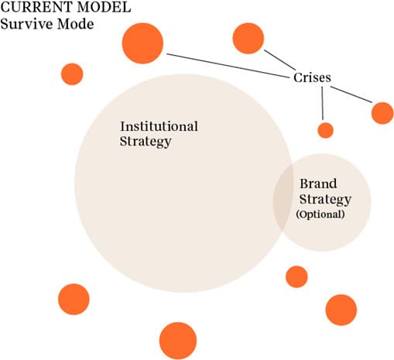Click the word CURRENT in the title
point(36,7)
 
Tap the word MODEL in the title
point(104,7)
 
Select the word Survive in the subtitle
point(26,24)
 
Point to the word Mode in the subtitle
point(76,24)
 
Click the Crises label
point(312,77)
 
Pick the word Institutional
point(159,126)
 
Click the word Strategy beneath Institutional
point(146,142)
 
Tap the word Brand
point(318,183)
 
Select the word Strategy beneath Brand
point(325,199)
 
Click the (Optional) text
point(320,214)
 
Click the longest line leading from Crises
point(228,66)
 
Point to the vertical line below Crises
point(322,103)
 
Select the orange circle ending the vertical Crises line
point(326,130)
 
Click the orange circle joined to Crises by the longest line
point(142,43)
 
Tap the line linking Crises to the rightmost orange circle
point(351,94)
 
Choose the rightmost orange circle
point(382,113)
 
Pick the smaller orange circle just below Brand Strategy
point(296,276)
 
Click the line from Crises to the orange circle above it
point(280,60)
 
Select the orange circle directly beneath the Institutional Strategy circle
point(178,341)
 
